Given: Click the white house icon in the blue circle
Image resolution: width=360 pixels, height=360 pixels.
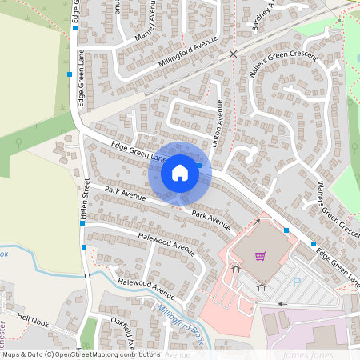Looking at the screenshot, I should [x=180, y=172].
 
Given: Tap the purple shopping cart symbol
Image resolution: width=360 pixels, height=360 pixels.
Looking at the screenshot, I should [x=260, y=256].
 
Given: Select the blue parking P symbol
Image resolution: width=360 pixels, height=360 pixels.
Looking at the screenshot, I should [x=298, y=282].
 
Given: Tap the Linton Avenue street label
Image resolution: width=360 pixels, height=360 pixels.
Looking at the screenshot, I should [x=219, y=122].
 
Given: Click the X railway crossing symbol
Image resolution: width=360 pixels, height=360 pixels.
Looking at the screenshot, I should [x=234, y=54].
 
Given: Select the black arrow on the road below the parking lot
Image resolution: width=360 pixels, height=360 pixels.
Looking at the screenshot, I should [x=281, y=304].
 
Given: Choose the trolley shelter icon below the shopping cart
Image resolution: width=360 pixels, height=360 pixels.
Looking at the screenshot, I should [x=262, y=285].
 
